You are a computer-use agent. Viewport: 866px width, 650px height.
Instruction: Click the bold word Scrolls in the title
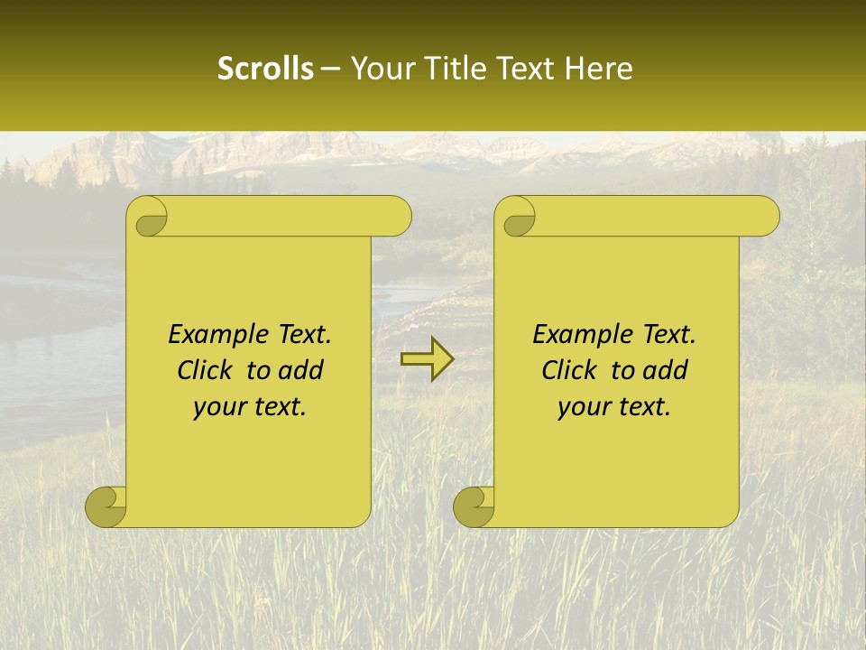266,68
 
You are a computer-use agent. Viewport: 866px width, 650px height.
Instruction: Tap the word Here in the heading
597,68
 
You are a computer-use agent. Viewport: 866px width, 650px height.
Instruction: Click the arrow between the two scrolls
427,358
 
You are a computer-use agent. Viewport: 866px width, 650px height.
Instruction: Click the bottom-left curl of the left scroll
106,506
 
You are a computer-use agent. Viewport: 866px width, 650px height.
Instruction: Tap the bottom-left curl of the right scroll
474,506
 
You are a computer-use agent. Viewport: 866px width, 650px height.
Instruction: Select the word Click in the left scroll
205,371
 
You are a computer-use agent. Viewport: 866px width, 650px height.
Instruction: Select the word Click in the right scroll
569,371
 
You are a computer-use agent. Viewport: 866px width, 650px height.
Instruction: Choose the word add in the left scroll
302,371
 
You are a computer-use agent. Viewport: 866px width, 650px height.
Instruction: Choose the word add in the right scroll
667,371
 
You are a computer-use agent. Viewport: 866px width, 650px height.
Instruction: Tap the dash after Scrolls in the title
331,70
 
